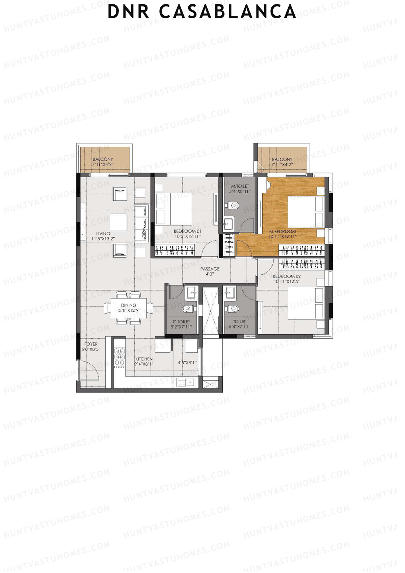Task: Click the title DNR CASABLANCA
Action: [x=202, y=12]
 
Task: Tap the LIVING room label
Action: [x=103, y=236]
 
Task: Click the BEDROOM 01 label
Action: [x=187, y=234]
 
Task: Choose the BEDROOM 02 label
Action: [x=287, y=279]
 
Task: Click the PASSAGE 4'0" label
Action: [x=210, y=271]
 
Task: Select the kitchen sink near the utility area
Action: [x=186, y=383]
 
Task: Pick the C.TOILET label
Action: [x=181, y=324]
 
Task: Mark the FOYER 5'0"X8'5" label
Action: [x=91, y=347]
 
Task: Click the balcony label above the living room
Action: [x=103, y=162]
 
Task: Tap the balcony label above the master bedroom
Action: [x=282, y=162]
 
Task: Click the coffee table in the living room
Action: [x=118, y=222]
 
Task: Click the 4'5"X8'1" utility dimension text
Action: [x=187, y=363]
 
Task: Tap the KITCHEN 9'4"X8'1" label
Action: [x=144, y=361]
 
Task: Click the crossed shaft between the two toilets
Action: [x=210, y=311]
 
